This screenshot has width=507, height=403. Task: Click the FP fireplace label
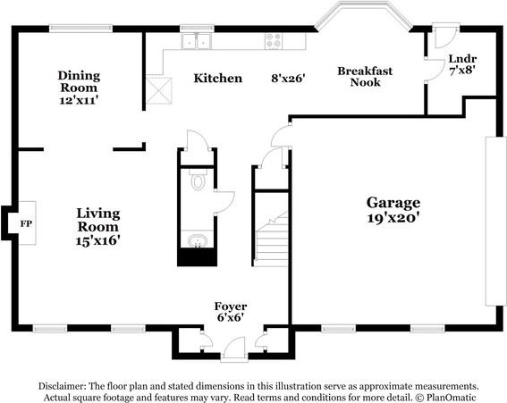26,223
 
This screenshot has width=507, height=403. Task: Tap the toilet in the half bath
198,181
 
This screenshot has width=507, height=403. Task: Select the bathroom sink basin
198,240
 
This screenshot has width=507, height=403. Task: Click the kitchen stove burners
274,40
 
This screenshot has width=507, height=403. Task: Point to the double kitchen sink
197,41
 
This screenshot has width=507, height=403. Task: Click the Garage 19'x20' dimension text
393,218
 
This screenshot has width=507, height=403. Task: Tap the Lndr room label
462,59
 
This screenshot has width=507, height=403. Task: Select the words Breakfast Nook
365,77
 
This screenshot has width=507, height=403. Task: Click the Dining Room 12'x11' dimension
79,100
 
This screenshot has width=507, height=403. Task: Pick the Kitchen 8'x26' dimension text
288,79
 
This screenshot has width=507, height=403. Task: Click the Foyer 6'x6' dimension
230,317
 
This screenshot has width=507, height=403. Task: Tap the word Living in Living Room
98,214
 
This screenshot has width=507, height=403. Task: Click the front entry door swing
234,348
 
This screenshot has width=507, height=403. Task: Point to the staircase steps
272,239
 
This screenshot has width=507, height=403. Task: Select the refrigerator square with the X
159,91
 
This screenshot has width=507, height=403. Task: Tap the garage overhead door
495,221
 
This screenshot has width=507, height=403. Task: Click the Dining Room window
80,29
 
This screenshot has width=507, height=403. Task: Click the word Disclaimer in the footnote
62,386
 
